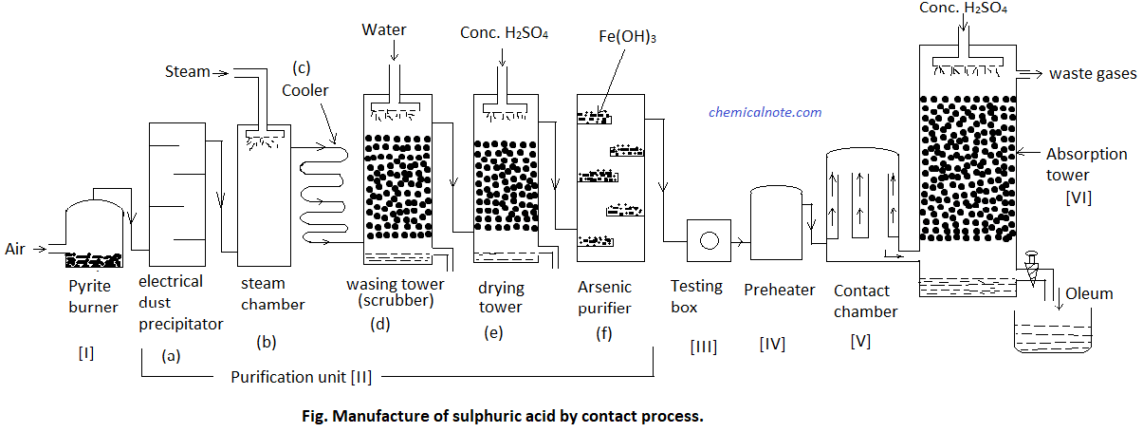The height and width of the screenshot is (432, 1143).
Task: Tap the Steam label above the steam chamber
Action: click(x=187, y=71)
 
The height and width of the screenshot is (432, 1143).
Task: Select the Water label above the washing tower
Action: click(x=383, y=29)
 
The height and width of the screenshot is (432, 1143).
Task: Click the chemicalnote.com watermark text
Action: click(x=765, y=112)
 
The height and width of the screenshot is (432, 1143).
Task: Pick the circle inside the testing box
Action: click(x=709, y=240)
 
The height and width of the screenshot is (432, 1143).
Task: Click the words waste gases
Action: click(x=1092, y=74)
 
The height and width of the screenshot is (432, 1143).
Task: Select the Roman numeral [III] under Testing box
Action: click(x=703, y=347)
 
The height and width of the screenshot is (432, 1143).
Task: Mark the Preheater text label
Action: click(x=774, y=289)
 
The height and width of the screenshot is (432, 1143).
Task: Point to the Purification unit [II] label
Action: click(x=301, y=377)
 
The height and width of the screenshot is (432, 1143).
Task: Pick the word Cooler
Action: click(x=305, y=90)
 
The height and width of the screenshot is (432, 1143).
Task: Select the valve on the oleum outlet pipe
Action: click(x=1031, y=259)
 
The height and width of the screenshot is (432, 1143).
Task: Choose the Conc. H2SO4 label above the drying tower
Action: click(x=505, y=33)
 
